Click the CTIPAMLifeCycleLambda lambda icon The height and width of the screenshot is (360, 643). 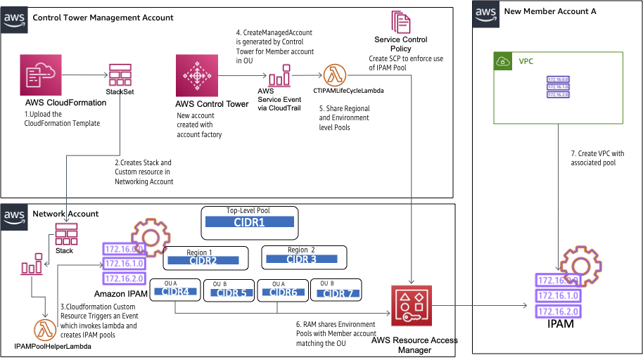(x=335, y=75)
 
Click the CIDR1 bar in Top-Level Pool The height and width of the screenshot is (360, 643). (x=249, y=222)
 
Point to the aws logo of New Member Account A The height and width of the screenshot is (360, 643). (x=485, y=12)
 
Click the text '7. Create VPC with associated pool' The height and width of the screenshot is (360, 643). (x=596, y=158)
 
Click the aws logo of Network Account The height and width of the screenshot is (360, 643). (x=14, y=214)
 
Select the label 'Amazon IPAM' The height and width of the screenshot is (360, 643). (x=120, y=292)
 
